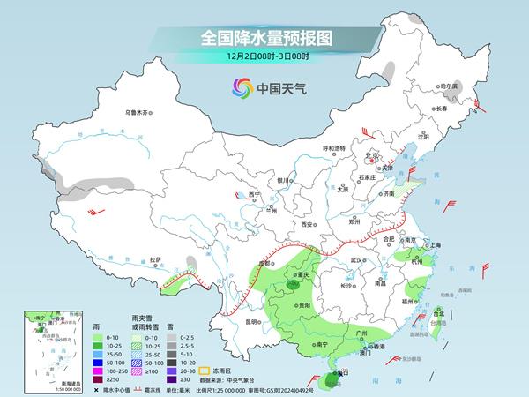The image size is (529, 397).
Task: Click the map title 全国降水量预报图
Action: click(264, 38)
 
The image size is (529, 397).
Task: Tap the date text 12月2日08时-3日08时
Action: click(264, 57)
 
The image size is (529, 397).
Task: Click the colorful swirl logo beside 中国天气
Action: click(240, 87)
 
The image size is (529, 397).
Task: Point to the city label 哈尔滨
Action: click(449, 86)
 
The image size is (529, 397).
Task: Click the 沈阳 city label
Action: click(423, 137)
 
